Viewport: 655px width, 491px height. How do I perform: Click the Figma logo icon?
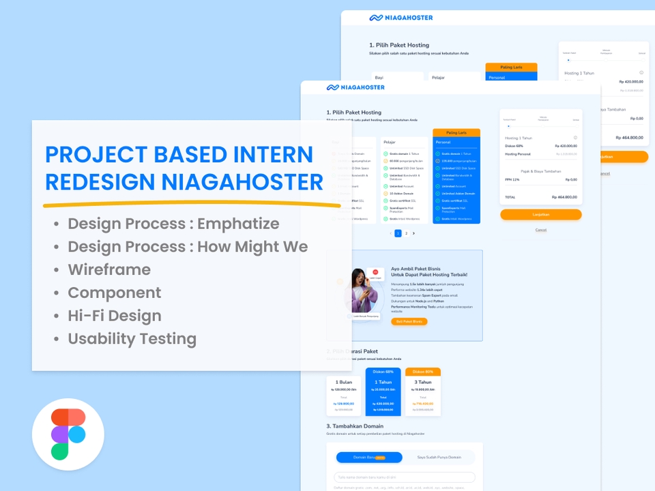point(68,434)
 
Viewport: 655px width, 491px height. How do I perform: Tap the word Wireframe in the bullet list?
point(109,269)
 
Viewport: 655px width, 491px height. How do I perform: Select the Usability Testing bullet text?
point(132,339)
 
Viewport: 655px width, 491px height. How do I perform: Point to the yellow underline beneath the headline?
point(191,203)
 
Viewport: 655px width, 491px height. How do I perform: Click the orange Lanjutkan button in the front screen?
point(540,214)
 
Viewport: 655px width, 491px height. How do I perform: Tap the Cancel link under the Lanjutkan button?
point(540,230)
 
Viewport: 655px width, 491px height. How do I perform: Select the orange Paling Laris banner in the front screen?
point(456,132)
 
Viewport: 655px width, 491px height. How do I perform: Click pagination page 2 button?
point(406,233)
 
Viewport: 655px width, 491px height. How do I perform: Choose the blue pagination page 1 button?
point(398,233)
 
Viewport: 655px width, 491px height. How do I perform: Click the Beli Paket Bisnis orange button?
point(409,321)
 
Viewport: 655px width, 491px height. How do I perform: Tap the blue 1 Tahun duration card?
point(383,392)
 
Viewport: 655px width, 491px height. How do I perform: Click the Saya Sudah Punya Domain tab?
point(439,457)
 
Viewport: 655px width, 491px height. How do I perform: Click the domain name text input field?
point(404,477)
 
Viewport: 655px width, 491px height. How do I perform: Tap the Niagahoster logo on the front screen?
point(355,87)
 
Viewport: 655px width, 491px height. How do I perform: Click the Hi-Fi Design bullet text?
point(115,316)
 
